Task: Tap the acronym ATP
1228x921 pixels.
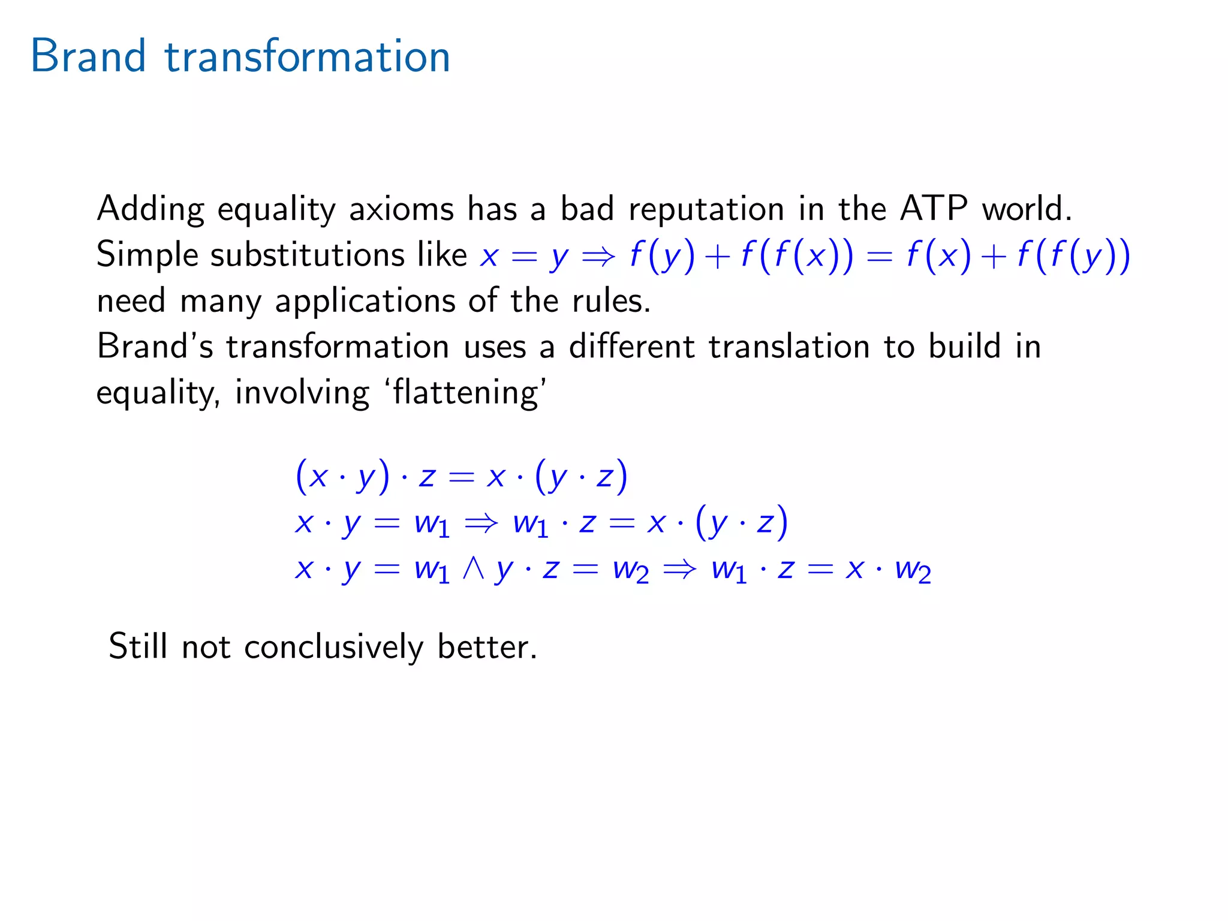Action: pyautogui.click(x=934, y=209)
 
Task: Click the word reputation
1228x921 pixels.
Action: pyautogui.click(x=706, y=210)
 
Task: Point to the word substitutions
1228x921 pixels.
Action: pyautogui.click(x=307, y=255)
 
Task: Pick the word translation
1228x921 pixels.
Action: pyautogui.click(x=789, y=347)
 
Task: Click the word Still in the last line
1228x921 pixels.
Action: pyautogui.click(x=138, y=646)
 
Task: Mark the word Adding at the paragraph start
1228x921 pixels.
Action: pyautogui.click(x=150, y=210)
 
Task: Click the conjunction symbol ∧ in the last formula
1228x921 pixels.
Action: pyautogui.click(x=473, y=568)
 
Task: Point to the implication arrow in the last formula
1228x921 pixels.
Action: pyautogui.click(x=680, y=568)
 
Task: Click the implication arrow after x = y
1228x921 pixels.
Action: pyautogui.click(x=598, y=256)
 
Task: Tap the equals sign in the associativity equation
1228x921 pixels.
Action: pyautogui.click(x=461, y=477)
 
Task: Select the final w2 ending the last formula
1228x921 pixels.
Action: pyautogui.click(x=913, y=570)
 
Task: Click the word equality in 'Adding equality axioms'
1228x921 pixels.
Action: pyautogui.click(x=276, y=210)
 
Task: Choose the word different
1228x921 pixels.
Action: pyautogui.click(x=631, y=347)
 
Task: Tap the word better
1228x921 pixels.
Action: pyautogui.click(x=487, y=646)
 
